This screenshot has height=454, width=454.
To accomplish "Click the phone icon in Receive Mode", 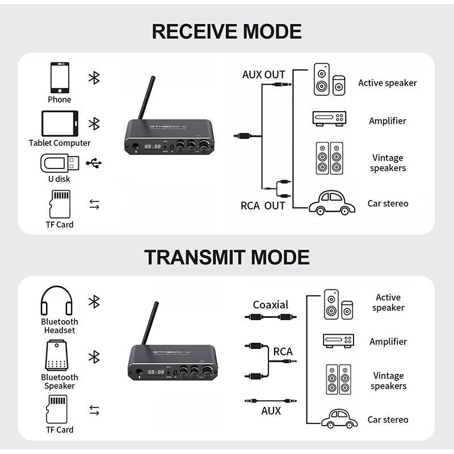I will click(x=59, y=78).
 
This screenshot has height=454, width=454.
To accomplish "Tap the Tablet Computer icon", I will click(x=60, y=123).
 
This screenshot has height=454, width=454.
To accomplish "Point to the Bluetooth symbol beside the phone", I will click(x=94, y=78).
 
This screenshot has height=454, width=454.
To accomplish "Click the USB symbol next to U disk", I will click(x=94, y=163).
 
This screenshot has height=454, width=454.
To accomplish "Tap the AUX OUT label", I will click(x=263, y=75).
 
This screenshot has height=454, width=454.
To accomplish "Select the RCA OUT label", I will click(x=262, y=205).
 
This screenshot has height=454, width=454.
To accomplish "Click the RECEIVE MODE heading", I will click(x=226, y=31).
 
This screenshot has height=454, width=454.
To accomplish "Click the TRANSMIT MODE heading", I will click(x=226, y=257).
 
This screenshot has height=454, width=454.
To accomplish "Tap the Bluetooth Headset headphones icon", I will click(x=57, y=301).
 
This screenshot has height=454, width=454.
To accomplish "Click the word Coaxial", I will click(x=271, y=305).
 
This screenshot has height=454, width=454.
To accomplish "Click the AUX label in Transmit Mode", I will click(x=271, y=410).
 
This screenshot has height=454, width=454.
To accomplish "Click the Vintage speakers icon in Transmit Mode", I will click(x=338, y=379).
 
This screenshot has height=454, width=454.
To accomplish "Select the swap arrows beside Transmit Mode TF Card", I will click(x=94, y=410).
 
